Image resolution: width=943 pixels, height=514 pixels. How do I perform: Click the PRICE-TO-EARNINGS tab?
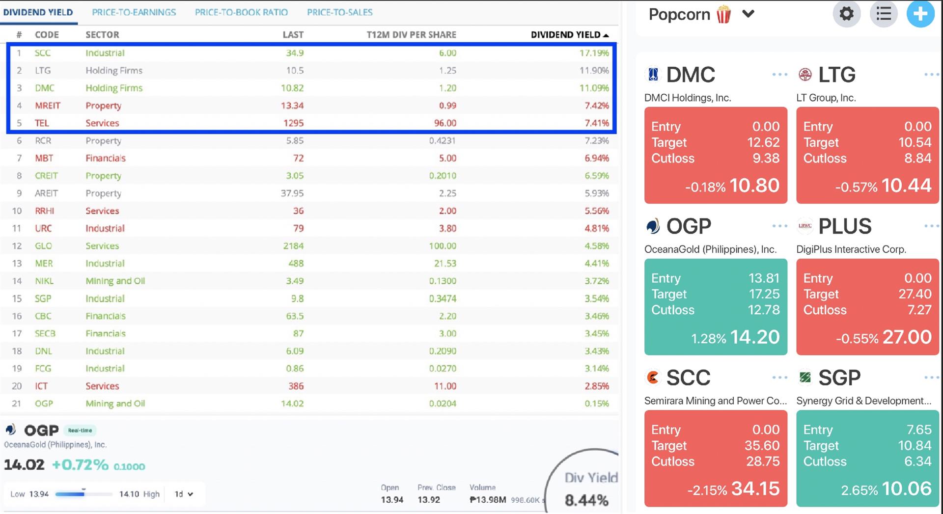tap(134, 12)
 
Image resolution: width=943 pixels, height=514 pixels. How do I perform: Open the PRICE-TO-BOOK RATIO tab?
tap(241, 12)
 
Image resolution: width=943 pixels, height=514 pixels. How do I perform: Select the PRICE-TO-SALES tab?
tap(339, 12)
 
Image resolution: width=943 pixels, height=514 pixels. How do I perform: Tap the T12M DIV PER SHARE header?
tap(411, 35)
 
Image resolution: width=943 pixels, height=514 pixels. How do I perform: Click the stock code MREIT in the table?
tap(47, 106)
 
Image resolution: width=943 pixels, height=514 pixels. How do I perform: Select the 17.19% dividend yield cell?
tap(594, 53)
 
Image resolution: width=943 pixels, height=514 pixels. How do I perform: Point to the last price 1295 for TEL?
tap(293, 123)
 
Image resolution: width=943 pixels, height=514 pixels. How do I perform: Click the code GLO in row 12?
tap(43, 246)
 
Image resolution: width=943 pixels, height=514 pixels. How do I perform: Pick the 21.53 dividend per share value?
tap(445, 264)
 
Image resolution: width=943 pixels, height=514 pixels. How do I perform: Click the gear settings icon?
tap(846, 14)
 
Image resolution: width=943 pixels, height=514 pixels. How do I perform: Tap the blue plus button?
tap(920, 14)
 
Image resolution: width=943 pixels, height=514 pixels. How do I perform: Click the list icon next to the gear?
tap(883, 14)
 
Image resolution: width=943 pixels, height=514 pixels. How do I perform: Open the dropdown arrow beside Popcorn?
tap(748, 14)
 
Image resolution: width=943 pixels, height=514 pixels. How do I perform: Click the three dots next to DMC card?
tap(779, 75)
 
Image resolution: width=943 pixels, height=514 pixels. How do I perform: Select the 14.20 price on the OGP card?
tap(754, 337)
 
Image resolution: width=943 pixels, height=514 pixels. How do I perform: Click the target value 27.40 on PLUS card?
tap(915, 294)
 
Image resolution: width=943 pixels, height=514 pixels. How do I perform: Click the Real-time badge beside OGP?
tap(80, 431)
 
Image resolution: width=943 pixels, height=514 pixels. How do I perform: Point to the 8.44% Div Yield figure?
tap(586, 500)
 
